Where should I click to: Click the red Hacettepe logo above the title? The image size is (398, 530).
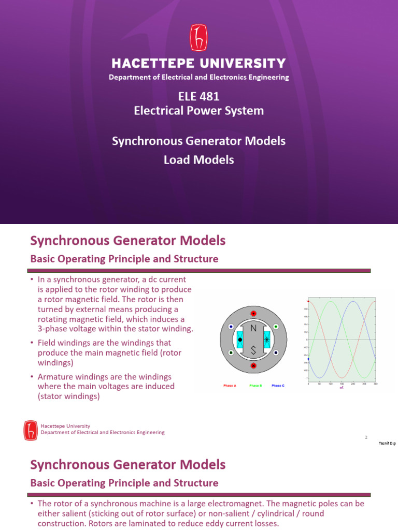(x=198, y=39)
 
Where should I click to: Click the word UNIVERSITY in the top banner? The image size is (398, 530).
(x=244, y=64)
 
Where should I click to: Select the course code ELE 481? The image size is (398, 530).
(x=198, y=96)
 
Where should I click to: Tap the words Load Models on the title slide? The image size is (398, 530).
(x=198, y=160)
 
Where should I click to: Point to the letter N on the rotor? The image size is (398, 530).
(x=253, y=328)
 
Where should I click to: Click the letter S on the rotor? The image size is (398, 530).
(x=253, y=350)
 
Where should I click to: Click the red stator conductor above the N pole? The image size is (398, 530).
(x=253, y=314)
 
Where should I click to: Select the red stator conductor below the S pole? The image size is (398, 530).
(x=253, y=366)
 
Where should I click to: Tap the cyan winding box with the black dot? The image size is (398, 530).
(x=240, y=340)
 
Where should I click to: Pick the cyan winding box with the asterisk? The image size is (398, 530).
(x=267, y=340)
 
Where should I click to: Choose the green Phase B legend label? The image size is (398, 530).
(x=255, y=386)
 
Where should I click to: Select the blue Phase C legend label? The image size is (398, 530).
(x=278, y=386)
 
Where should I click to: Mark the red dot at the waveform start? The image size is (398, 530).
(x=308, y=301)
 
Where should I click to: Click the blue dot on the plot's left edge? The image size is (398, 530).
(x=308, y=359)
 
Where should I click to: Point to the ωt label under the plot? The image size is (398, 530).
(x=342, y=387)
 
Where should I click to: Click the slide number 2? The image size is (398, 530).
(x=366, y=437)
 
